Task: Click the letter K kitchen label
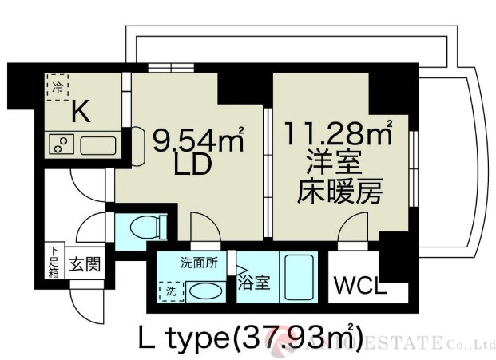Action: [81, 113]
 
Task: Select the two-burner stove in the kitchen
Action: [61, 144]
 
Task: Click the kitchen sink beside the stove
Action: [97, 144]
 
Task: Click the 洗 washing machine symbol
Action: [169, 291]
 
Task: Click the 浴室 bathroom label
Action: [255, 282]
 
